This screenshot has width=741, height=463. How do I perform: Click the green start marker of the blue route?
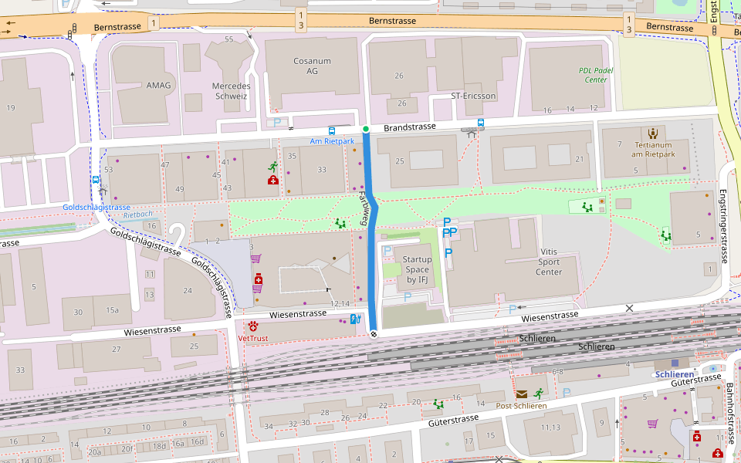tap(366, 129)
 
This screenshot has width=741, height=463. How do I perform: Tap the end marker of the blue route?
tap(374, 334)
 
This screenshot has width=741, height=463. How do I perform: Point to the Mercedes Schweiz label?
tap(230, 91)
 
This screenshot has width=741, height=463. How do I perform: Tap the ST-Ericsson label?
tap(473, 96)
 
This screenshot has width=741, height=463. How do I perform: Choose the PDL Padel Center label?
tap(596, 75)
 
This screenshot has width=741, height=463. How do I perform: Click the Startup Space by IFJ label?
tap(417, 269)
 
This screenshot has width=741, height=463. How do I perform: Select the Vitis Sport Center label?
tap(549, 262)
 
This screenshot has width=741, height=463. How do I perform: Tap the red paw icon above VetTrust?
tap(254, 325)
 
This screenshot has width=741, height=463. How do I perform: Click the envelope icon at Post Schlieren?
tap(522, 394)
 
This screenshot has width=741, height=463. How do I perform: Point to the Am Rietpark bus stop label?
tap(332, 141)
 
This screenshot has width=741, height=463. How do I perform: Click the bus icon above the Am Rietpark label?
tap(332, 131)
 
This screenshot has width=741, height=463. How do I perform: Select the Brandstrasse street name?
tap(410, 127)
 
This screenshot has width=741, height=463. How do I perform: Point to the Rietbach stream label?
tap(138, 215)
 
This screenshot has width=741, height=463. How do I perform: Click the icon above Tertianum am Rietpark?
tap(653, 133)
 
